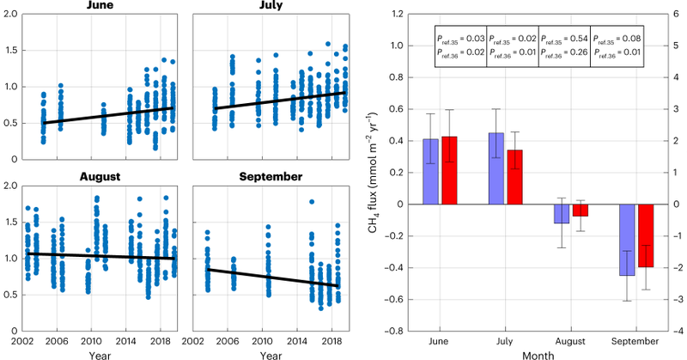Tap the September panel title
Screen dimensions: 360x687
click(271, 177)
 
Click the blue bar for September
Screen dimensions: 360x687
click(628, 240)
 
